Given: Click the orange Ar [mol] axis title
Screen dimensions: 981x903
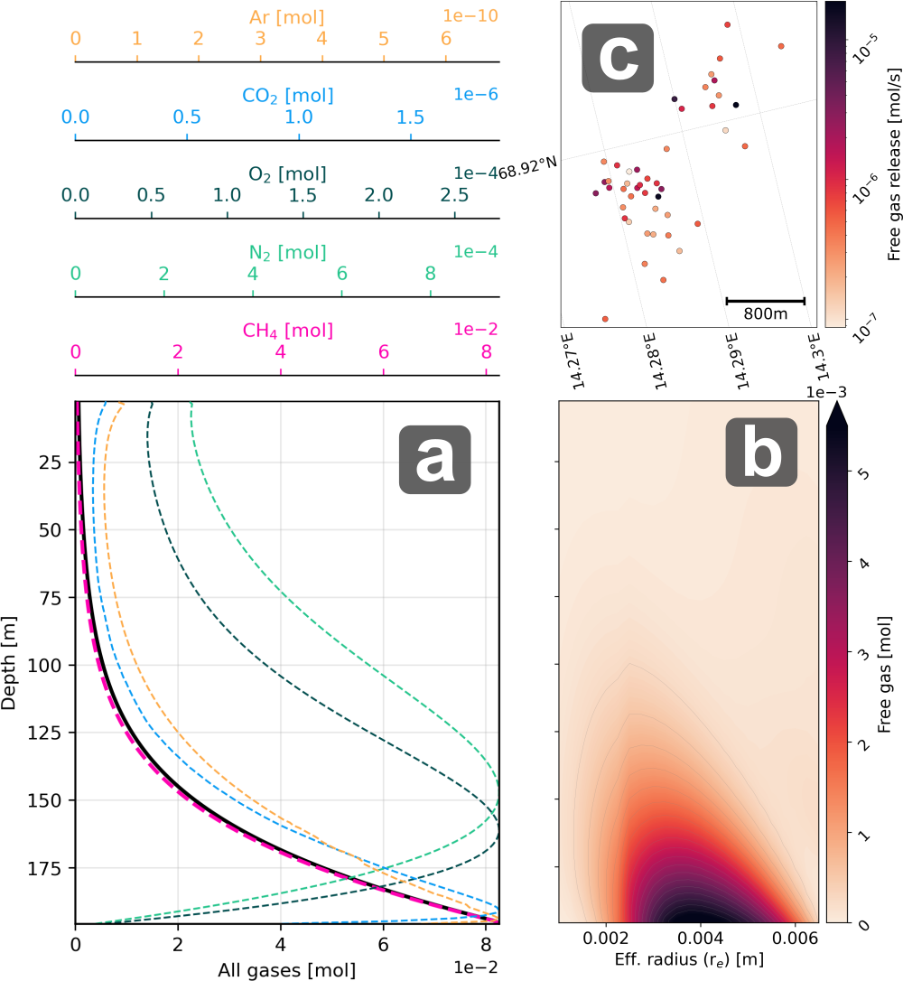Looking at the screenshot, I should pyautogui.click(x=286, y=17).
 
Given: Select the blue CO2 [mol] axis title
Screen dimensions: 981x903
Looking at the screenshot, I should pyautogui.click(x=286, y=96).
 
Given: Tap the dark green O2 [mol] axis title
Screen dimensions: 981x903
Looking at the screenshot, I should pyautogui.click(x=286, y=173).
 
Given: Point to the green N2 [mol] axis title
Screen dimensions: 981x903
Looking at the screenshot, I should pyautogui.click(x=286, y=252).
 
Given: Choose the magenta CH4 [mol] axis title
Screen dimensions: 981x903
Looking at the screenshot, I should pyautogui.click(x=286, y=331).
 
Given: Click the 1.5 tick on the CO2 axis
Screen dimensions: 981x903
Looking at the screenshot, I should pyautogui.click(x=411, y=117).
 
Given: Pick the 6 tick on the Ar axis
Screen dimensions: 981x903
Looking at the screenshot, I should pyautogui.click(x=445, y=40).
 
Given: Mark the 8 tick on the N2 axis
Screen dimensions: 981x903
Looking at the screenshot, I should pyautogui.click(x=430, y=274).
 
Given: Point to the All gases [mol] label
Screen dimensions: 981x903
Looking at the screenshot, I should pyautogui.click(x=286, y=971).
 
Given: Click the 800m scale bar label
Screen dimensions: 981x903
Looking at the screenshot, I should pyautogui.click(x=765, y=314).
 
